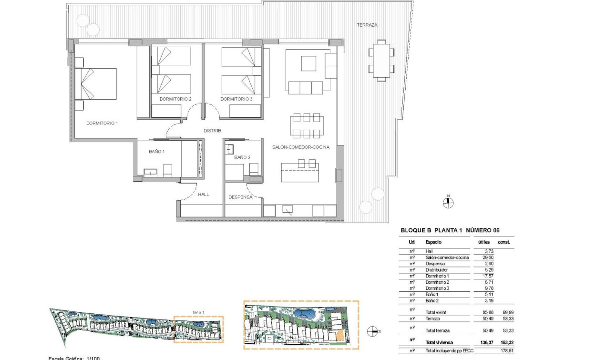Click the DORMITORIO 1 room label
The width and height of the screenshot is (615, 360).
pos(102,123)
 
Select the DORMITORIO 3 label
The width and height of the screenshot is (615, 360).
pos(236,99)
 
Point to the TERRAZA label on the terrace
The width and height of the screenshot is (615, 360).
pos(367,25)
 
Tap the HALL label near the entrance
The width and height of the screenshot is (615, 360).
pos(203,194)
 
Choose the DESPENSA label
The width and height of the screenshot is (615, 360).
pos(240,197)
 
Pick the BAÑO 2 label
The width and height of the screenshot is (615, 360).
pos(242,157)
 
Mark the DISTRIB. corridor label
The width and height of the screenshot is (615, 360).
pos(213,131)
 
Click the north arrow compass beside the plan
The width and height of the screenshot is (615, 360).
pos(448,202)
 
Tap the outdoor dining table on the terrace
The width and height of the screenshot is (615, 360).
pos(381,61)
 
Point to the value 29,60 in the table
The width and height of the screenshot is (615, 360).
pos(483,257)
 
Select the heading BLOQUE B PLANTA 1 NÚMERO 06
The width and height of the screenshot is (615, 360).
pos(450,230)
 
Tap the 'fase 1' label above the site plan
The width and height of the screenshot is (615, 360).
pos(198,312)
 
